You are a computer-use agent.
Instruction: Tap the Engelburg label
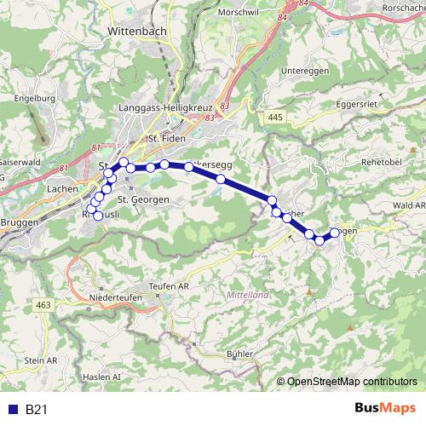34,98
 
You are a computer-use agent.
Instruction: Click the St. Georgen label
142,199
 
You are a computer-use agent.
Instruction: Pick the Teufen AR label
169,286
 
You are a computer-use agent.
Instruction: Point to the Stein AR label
40,361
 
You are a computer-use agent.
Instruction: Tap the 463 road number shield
43,304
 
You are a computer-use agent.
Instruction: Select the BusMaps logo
387,410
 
